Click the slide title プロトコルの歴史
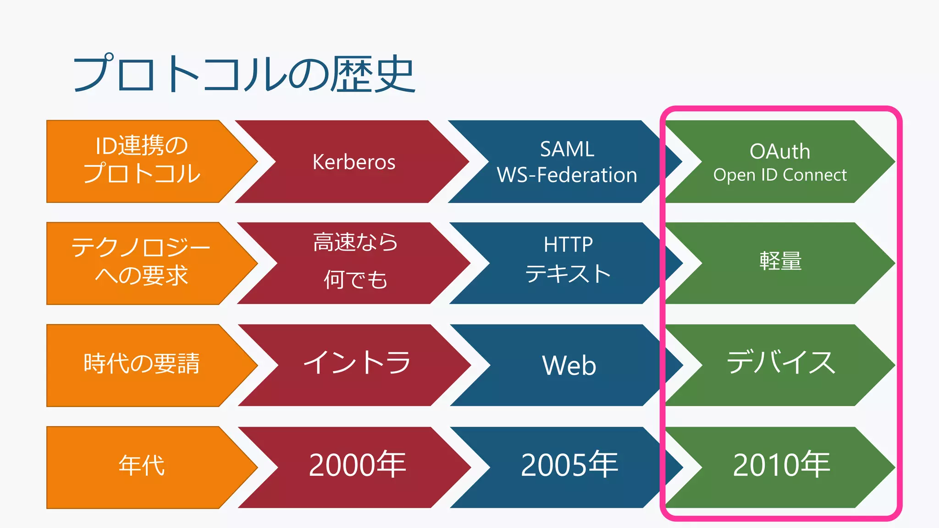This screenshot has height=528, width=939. [244, 75]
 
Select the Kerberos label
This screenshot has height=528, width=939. [354, 162]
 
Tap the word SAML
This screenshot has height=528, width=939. [567, 149]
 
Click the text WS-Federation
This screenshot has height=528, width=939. [567, 175]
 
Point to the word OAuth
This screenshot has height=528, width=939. [779, 151]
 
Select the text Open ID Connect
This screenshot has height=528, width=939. [779, 175]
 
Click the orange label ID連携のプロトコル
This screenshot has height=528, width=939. [142, 160]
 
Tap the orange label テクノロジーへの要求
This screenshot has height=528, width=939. [141, 262]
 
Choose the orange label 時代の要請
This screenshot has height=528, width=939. [142, 364]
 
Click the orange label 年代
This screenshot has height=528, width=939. [142, 466]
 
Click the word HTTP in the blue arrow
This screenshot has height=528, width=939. [568, 245]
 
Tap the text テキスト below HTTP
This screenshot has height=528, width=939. [568, 274]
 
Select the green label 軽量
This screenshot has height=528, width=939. [780, 261]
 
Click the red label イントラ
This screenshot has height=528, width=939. [357, 363]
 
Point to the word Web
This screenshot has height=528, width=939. [569, 365]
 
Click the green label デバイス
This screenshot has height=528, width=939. [781, 363]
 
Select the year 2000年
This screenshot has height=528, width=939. [357, 465]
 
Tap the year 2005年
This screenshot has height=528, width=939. [569, 465]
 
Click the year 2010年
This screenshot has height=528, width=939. [781, 465]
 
